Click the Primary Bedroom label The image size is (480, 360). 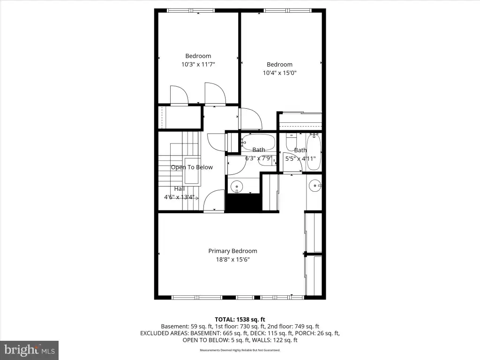click(232, 251)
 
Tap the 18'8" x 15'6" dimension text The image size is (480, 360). click(232, 260)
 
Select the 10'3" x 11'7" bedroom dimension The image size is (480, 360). click(198, 64)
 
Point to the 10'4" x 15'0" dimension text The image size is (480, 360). click(279, 73)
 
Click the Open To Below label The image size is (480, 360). click(192, 167)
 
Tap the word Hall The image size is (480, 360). click(180, 188)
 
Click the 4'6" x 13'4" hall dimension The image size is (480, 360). click(180, 197)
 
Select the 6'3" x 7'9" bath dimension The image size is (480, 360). click(258, 158)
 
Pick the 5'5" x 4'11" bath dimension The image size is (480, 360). click(300, 158)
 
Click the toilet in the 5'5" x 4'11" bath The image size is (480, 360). click(291, 142)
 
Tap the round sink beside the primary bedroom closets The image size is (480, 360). click(315, 186)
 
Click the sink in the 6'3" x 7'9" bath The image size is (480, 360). click(237, 186)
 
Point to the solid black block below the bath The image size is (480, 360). click(244, 202)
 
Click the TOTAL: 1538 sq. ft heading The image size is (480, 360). click(240, 320)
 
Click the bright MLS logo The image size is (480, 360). click(30, 350)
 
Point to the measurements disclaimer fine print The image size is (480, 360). click(240, 350)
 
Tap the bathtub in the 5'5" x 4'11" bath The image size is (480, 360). click(314, 152)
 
